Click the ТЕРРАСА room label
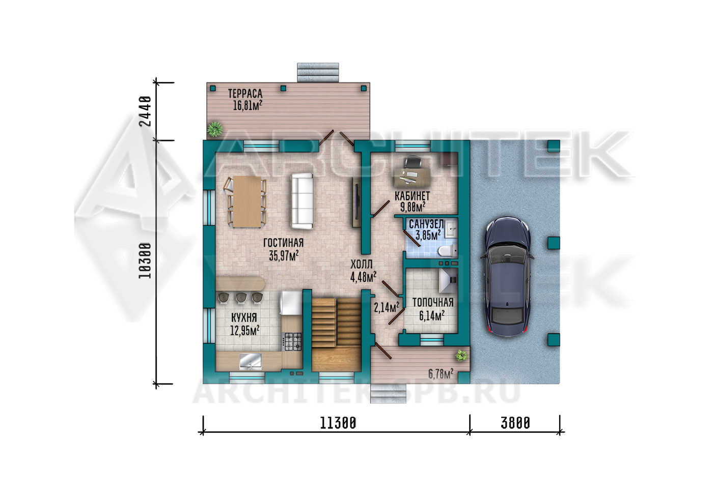click(x=245, y=94)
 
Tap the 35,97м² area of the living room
click(x=284, y=255)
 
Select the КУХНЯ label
click(x=244, y=317)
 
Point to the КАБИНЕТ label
click(x=412, y=196)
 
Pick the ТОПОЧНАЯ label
click(x=433, y=302)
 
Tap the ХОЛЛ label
click(x=362, y=264)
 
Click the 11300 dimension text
click(x=338, y=423)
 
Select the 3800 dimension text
click(x=515, y=423)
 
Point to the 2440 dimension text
click(x=146, y=111)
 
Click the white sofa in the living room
click(x=301, y=201)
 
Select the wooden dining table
click(x=247, y=201)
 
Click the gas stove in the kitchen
click(x=292, y=341)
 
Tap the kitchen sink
click(x=251, y=362)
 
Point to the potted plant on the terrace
click(x=215, y=129)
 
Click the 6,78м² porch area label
click(x=441, y=374)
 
